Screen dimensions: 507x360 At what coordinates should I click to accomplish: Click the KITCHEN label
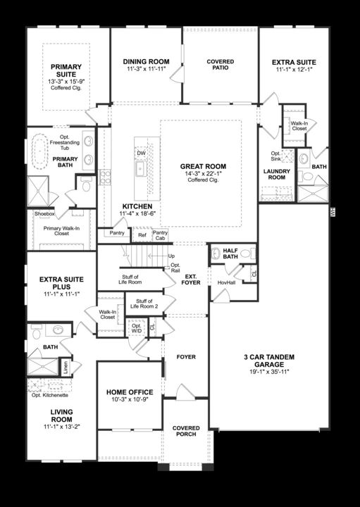tap(133, 206)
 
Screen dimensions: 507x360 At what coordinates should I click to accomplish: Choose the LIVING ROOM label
tap(62, 415)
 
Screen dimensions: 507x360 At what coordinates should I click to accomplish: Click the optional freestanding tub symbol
tap(49, 151)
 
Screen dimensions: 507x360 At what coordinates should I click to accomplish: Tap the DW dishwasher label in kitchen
tap(141, 152)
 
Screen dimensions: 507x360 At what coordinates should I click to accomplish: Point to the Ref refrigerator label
tap(142, 235)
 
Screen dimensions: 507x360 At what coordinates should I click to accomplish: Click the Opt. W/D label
tap(136, 327)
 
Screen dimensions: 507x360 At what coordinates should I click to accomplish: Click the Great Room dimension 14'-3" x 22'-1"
tap(202, 173)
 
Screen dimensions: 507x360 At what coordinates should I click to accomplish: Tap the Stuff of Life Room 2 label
tap(142, 304)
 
